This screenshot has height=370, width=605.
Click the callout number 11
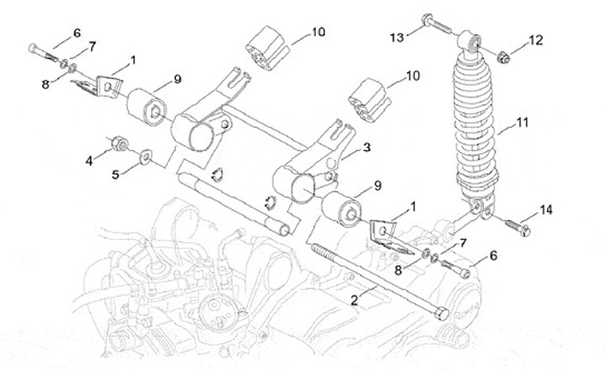pos(522,122)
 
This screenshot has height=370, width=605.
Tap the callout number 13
pos(398,36)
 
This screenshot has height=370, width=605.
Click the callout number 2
pos(357,297)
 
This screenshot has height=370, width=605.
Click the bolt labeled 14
pos(514,224)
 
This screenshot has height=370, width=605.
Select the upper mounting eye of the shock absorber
pos(472,39)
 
